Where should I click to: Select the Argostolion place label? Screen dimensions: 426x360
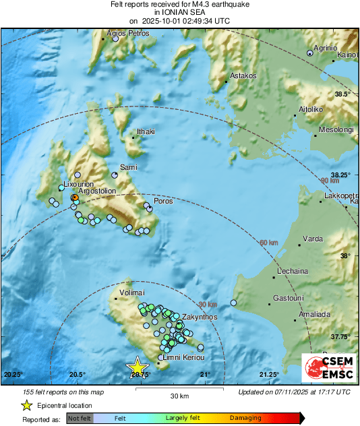pyautogui.click(x=98, y=191)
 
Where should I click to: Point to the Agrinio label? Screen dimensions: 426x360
pyautogui.click(x=328, y=49)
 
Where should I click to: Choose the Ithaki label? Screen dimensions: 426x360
pyautogui.click(x=146, y=131)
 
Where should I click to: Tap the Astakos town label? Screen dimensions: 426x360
pyautogui.click(x=243, y=76)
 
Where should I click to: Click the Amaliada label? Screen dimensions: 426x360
pyautogui.click(x=313, y=314)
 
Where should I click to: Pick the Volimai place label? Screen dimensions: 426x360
pyautogui.click(x=132, y=293)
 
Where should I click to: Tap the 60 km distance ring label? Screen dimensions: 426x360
pyautogui.click(x=268, y=243)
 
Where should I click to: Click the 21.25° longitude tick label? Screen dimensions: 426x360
pyautogui.click(x=270, y=375)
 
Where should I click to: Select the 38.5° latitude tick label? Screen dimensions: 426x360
pyautogui.click(x=343, y=94)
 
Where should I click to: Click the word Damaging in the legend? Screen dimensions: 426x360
pyautogui.click(x=245, y=418)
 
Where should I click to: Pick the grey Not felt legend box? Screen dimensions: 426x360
pyautogui.click(x=78, y=418)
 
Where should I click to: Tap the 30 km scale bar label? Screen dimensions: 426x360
pyautogui.click(x=179, y=395)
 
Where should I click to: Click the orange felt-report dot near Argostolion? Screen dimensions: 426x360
pyautogui.click(x=75, y=197)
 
